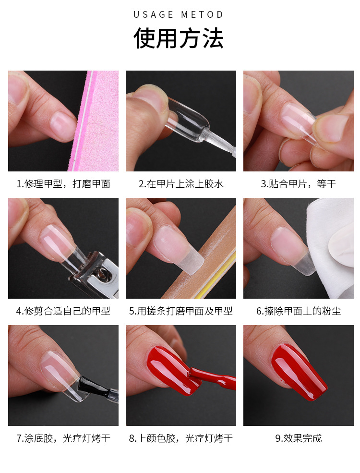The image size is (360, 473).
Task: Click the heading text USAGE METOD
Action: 179,14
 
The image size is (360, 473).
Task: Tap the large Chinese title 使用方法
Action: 179,38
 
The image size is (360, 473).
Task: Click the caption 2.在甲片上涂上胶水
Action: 181,184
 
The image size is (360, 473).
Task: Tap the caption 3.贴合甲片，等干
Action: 298,184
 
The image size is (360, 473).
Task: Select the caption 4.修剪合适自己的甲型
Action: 63,311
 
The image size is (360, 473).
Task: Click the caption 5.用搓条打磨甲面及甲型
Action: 181,311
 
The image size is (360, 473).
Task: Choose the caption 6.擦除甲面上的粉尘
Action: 298,311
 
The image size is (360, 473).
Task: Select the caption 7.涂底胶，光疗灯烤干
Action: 63,438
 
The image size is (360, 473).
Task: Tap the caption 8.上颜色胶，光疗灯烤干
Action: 181,438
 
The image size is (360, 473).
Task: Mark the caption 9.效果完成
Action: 298,438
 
